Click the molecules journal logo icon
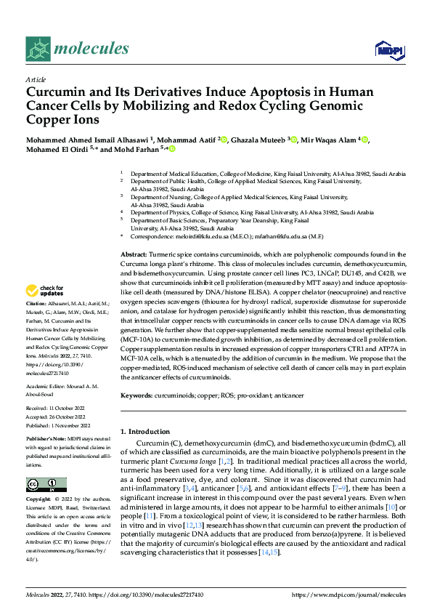[x=39, y=49]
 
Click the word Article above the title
[x=36, y=79]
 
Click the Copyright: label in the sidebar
[x=38, y=500]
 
